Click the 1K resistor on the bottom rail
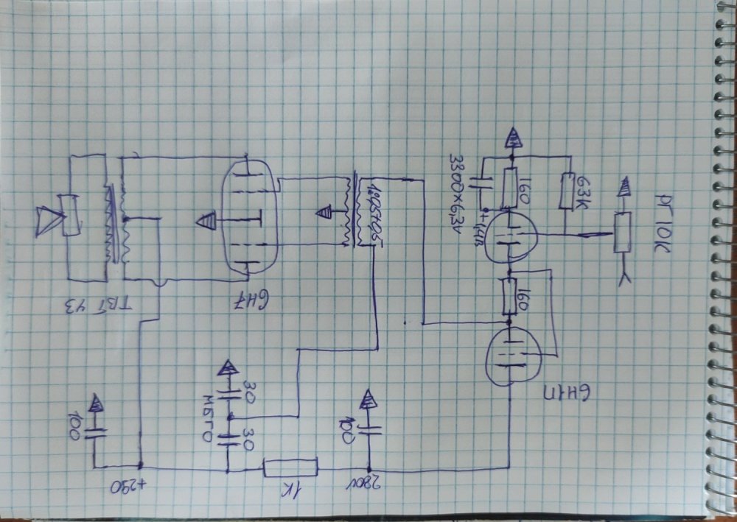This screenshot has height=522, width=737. pos(290,467)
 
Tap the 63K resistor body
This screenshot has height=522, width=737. pos(567,191)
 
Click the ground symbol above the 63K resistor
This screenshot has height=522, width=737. pos(511,137)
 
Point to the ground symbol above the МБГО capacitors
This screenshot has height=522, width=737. pos(228,369)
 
